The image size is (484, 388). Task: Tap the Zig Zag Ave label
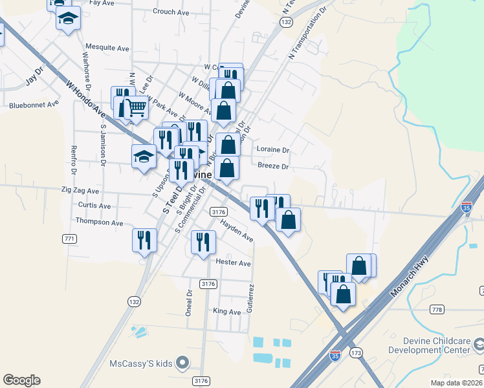pos(80,191)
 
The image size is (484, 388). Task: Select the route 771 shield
pos(70,239)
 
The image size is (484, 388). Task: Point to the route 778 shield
pos(437,310)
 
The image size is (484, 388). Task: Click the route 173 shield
pos(356,354)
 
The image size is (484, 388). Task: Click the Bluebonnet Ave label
pos(34,103)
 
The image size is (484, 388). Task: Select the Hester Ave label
pos(233,263)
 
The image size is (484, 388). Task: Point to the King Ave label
pos(227,312)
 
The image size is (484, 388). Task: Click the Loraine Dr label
pos(273,149)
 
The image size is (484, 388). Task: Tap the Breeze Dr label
pos(272,166)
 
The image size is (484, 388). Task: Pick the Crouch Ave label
pos(171,12)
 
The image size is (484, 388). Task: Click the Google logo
pos(21,380)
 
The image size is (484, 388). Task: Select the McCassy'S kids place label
pos(140,363)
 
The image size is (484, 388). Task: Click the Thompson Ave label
pos(99,222)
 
